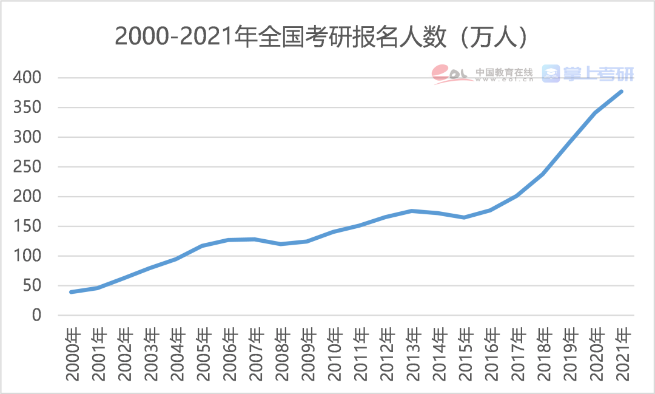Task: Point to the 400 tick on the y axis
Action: tap(28, 78)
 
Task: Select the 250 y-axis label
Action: tap(28, 167)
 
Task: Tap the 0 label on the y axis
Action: tap(36, 316)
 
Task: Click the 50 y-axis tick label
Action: tap(32, 286)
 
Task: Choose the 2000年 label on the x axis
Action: tap(72, 355)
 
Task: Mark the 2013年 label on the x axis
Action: tap(412, 355)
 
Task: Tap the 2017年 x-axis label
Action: tap(517, 355)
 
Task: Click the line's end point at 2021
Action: tap(622, 92)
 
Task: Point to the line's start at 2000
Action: tap(72, 292)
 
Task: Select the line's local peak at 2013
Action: tap(412, 211)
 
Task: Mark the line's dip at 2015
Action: tap(464, 217)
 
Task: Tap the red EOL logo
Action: tap(452, 74)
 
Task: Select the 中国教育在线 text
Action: tap(504, 71)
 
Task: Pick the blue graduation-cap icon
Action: tap(551, 74)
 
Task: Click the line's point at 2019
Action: tap(569, 142)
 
